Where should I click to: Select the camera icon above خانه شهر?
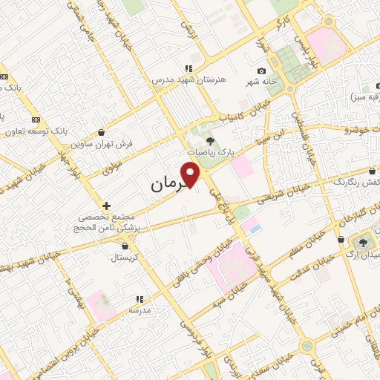coord(261,70)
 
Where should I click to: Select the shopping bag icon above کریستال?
coord(125,246)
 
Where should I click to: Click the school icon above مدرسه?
coord(139,298)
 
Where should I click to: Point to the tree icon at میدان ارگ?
coord(364,242)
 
